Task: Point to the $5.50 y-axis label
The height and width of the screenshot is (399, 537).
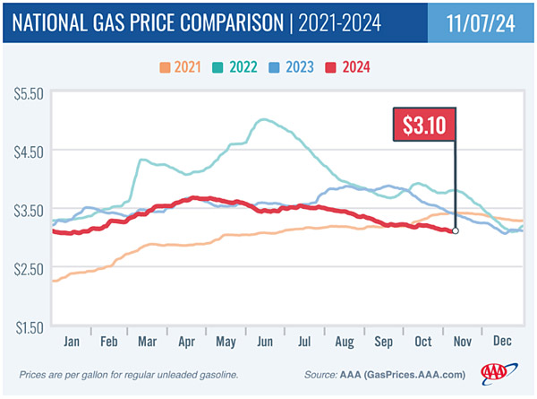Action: pyautogui.click(x=27, y=92)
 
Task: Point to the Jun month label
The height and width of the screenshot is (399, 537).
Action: pyautogui.click(x=267, y=342)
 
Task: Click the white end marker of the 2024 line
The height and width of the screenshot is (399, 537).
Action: pyautogui.click(x=456, y=230)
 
